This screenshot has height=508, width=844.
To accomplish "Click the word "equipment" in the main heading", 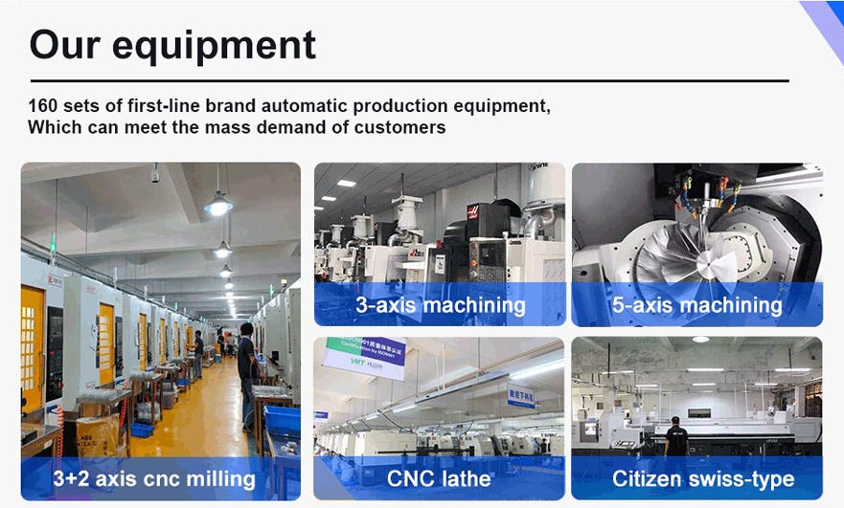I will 226,45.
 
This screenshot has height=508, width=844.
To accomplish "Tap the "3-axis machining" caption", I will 440,305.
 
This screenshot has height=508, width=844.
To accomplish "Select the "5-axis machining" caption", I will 696,305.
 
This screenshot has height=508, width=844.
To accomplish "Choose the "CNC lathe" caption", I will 440,478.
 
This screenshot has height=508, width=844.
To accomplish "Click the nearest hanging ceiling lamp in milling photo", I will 218,203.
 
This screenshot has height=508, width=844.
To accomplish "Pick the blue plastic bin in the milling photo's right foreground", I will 284,421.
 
